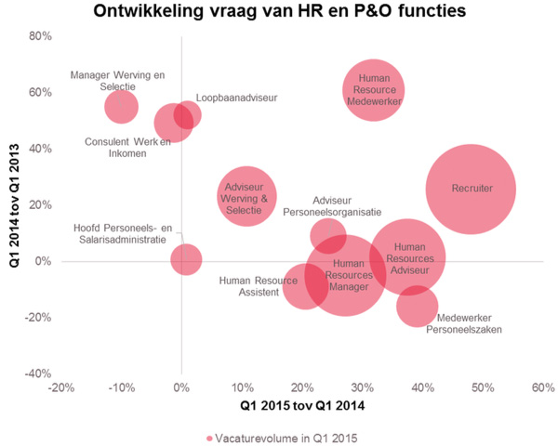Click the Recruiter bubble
tap(472, 189)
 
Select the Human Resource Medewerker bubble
tap(373, 90)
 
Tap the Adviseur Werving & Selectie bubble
tap(246, 197)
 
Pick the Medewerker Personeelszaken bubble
tap(418, 306)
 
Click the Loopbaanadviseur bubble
tap(187, 114)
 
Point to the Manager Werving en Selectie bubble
tap(121, 106)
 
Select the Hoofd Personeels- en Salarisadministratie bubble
tap(186, 258)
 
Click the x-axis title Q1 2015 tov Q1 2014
tap(302, 407)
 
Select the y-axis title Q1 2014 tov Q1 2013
tap(14, 204)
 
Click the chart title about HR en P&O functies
tap(279, 12)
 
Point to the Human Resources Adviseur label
tap(409, 259)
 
